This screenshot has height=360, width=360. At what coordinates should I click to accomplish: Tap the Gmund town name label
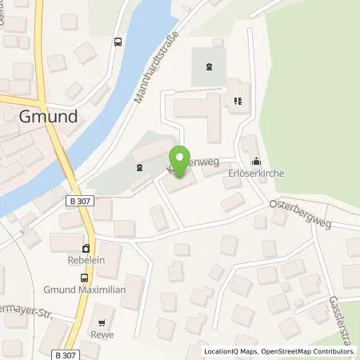click(48, 116)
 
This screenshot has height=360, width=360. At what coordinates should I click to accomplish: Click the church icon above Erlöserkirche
click(255, 160)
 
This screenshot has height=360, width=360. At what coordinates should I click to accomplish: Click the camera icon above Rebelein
click(86, 246)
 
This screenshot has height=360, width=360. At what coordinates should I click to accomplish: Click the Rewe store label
click(99, 323)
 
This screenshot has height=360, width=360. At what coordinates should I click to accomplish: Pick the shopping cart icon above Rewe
click(99, 312)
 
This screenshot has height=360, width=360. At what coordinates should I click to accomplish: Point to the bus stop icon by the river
click(118, 42)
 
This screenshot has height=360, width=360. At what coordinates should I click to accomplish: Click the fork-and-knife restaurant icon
click(237, 101)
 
